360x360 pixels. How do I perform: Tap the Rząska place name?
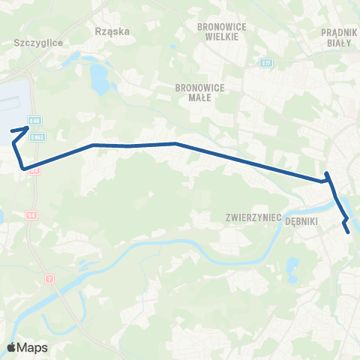pos(113,31)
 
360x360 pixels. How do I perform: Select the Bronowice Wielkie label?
pos(217,31)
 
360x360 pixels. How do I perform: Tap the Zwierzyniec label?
pos(253,217)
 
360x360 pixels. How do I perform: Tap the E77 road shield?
pos(266,63)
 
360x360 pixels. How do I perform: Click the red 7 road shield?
pos(50,279)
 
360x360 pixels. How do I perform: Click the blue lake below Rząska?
pos(99,76)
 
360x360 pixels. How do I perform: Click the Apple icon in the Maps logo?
pos(12,346)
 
